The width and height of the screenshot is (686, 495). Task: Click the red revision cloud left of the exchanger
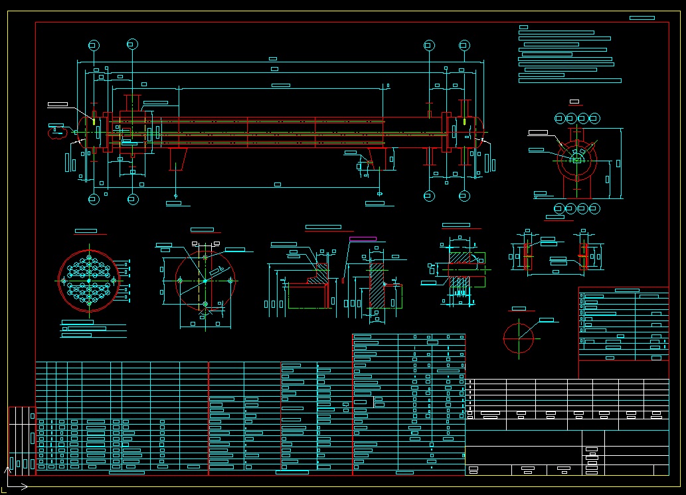click(55, 131)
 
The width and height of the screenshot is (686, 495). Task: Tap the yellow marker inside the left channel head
click(94, 122)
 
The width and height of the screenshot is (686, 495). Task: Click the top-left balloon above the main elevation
click(94, 45)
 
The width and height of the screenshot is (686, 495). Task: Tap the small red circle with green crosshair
click(518, 338)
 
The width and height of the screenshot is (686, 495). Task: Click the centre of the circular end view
click(576, 159)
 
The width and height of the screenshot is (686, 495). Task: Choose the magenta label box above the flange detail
click(362, 238)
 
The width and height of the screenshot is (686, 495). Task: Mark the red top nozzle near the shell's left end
click(132, 103)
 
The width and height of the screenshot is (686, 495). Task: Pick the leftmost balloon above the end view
click(559, 118)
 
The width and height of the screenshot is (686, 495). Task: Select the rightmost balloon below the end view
click(594, 208)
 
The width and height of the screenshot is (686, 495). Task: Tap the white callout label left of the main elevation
click(58, 105)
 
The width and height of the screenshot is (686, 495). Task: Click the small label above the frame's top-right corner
click(642, 17)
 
